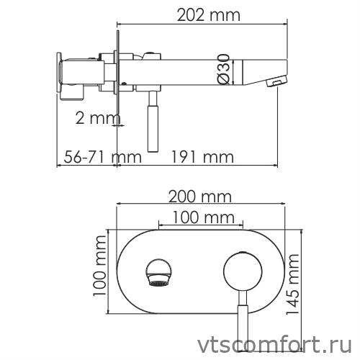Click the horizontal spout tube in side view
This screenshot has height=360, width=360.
[194, 72]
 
